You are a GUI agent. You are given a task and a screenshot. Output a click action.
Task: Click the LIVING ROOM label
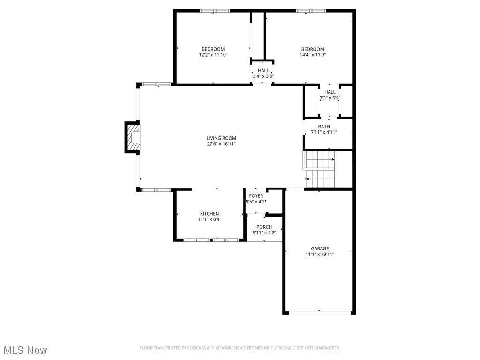coord(221,138)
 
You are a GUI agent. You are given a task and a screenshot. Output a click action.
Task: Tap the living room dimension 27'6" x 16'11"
coord(221,144)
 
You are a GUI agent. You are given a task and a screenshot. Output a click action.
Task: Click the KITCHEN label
coord(210,214)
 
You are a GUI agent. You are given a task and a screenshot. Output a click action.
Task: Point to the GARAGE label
coord(320,248)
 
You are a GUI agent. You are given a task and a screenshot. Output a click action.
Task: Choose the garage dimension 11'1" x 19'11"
coord(320,254)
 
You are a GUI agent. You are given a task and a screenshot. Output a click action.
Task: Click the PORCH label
coord(264,227)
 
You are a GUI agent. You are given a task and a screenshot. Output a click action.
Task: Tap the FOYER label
coord(256,196)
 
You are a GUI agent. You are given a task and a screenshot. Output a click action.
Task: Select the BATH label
coord(324,127)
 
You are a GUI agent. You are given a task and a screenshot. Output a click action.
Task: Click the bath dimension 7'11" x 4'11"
coord(324,132)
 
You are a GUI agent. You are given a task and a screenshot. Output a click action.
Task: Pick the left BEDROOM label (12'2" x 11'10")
coord(213,49)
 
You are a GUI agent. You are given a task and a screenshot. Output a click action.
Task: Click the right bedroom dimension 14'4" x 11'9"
coord(313,55)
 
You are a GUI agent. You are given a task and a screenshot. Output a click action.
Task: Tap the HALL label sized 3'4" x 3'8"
coord(263,70)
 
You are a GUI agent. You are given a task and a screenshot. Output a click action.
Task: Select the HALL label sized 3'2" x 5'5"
coord(330,92)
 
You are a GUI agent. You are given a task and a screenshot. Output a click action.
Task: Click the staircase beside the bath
coord(320,169)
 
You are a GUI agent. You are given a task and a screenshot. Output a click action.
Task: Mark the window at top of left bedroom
coord(215,11)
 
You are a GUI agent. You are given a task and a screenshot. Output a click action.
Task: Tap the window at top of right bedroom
coord(311,11)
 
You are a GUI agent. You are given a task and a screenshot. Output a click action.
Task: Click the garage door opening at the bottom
coord(319,312)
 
